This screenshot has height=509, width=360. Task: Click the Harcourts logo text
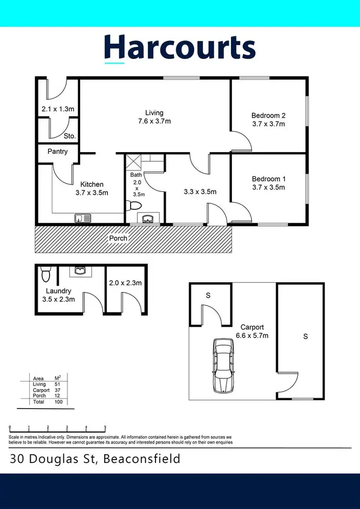pos(180,48)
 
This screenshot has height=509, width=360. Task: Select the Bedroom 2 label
pos(268,115)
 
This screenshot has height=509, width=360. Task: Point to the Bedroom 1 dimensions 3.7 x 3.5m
pos(268,187)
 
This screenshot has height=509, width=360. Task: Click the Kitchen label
pos(92,184)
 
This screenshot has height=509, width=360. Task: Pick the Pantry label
pos(58,151)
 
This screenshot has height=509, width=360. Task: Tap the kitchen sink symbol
pos(83,218)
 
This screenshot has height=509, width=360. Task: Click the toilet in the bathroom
pos(133,206)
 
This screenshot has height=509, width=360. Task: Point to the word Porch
pos(119,238)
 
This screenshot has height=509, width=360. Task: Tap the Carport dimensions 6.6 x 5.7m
pos(252,336)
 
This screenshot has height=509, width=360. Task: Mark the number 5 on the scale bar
pos(105,427)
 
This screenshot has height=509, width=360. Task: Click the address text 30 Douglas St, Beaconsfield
pos(95,459)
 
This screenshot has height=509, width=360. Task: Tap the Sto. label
pos(70,136)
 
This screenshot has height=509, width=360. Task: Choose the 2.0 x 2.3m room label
pos(126,283)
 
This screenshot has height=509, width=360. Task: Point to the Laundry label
pos(58,291)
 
